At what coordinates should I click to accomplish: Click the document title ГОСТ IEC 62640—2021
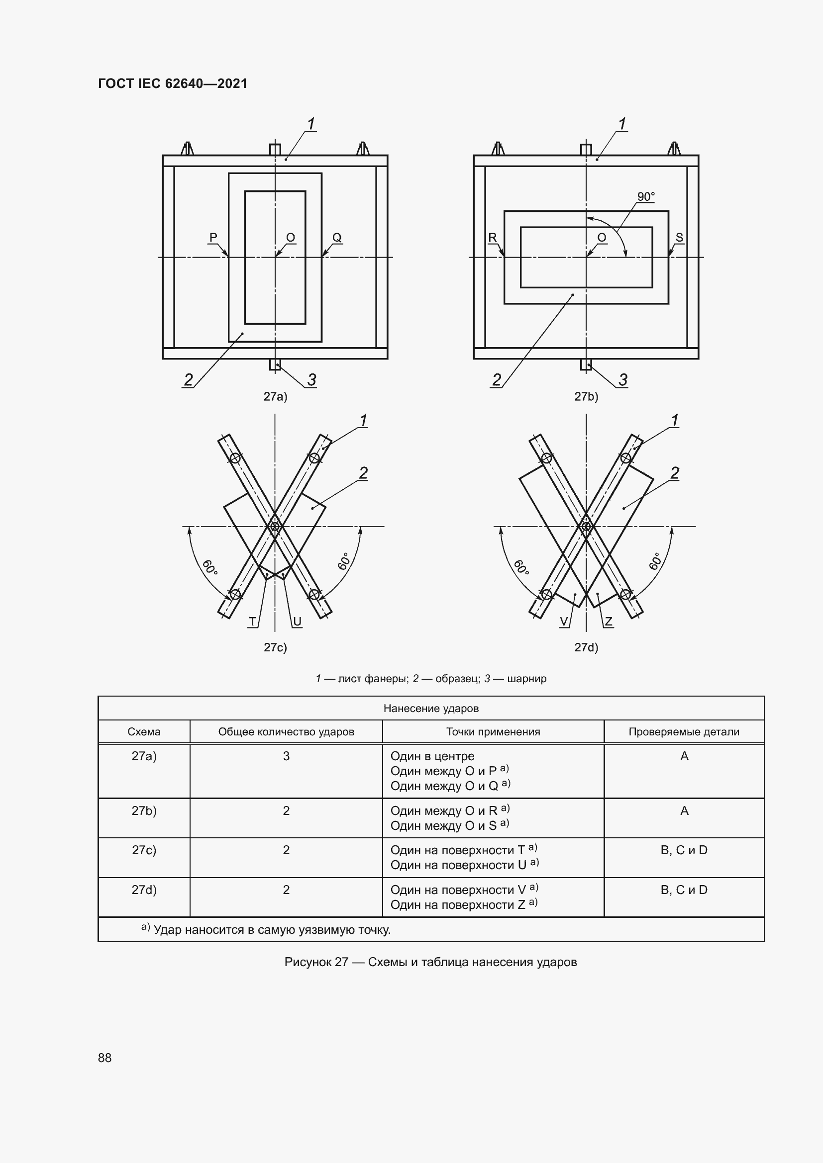pos(172,84)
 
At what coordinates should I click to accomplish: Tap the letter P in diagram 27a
pos(213,237)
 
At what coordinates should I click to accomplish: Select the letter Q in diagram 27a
pos(337,237)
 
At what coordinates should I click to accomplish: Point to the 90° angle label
pos(646,196)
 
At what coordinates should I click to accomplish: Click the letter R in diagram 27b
pos(493,237)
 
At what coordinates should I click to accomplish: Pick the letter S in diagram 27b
pos(680,237)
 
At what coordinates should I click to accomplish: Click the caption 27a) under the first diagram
pos(275,397)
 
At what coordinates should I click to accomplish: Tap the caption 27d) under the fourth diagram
pos(586,647)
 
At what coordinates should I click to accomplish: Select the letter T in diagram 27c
pos(252,622)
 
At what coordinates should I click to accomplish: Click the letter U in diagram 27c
pos(298,622)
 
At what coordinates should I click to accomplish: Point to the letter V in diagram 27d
pos(564,622)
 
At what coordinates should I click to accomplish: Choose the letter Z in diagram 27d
pos(609,622)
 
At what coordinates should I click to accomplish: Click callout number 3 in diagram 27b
pos(623,379)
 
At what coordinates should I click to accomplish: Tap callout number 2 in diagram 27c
pos(363,473)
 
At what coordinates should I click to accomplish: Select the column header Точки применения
pos(493,732)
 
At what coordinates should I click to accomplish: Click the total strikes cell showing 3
pos(286,756)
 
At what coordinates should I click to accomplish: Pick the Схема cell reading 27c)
pos(144,850)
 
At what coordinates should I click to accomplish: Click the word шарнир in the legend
pos(526,679)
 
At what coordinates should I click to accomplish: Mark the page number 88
pos(105,1058)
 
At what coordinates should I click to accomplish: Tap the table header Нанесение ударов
pos(431,708)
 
